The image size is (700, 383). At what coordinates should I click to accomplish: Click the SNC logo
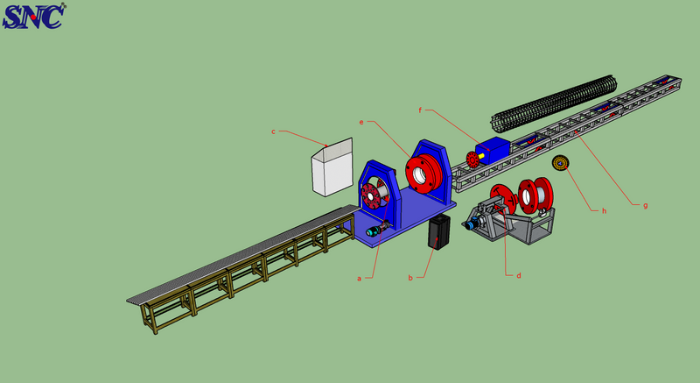[x=33, y=16]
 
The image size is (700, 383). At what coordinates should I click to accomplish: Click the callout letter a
[x=359, y=279]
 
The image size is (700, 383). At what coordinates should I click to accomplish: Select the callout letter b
[x=410, y=278]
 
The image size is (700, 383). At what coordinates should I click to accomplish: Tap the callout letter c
[x=274, y=131]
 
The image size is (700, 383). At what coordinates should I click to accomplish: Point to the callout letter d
[x=519, y=275]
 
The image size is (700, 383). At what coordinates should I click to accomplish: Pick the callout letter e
[x=361, y=122]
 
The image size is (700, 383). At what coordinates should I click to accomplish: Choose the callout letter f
[x=420, y=110]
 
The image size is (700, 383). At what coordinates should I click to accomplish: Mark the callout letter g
[x=645, y=206]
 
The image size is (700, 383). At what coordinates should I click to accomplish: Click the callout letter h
[x=604, y=210]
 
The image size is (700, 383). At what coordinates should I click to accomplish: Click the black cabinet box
[x=439, y=231]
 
